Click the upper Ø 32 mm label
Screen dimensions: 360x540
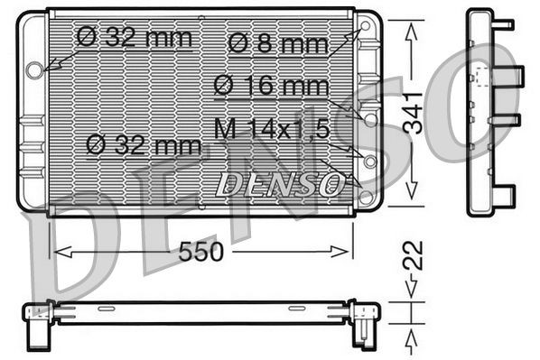coord(135,37)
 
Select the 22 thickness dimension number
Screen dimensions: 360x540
coord(413,255)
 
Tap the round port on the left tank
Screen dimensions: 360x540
coord(34,69)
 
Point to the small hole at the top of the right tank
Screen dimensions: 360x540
coord(366,28)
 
